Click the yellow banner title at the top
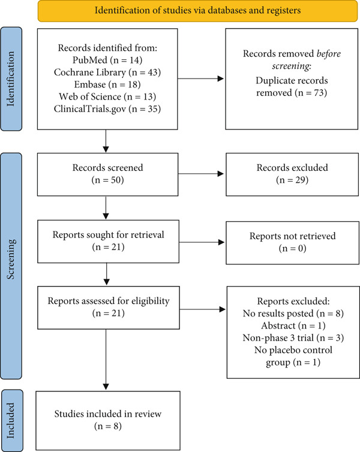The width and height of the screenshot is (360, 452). (197, 11)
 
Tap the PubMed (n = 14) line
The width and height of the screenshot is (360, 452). (107, 60)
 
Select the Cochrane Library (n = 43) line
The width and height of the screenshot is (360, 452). (107, 72)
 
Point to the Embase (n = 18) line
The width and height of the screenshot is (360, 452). (107, 84)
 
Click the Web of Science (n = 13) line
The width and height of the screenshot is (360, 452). (107, 97)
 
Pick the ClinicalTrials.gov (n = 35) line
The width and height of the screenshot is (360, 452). (107, 109)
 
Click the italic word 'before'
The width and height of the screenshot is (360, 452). (329, 53)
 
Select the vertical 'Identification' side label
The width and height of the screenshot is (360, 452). (11, 79)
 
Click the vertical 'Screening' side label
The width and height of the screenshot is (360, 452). (11, 259)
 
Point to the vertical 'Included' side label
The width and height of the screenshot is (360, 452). (11, 420)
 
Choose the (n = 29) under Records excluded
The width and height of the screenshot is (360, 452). (292, 180)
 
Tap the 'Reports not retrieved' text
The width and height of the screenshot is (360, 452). (293, 236)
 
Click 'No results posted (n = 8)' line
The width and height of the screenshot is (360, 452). (293, 314)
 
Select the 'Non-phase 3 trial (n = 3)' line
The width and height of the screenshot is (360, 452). (293, 338)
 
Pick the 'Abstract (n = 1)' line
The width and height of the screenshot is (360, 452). (293, 326)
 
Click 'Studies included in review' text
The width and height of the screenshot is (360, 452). (108, 414)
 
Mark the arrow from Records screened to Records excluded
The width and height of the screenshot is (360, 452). (201, 174)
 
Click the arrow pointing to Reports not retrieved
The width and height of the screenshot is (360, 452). (202, 242)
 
